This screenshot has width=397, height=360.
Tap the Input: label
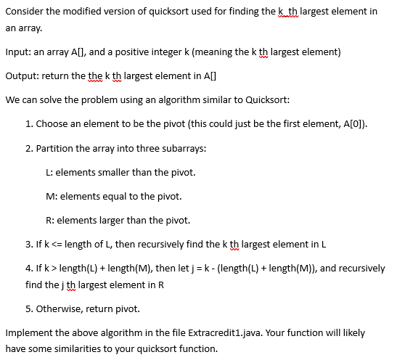tap(19, 52)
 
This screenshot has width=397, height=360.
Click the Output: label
tap(22, 76)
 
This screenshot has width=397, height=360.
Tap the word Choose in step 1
tap(52, 124)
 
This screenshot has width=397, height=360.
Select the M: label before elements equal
tap(50, 196)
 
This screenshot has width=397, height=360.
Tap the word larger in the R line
tap(112, 220)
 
